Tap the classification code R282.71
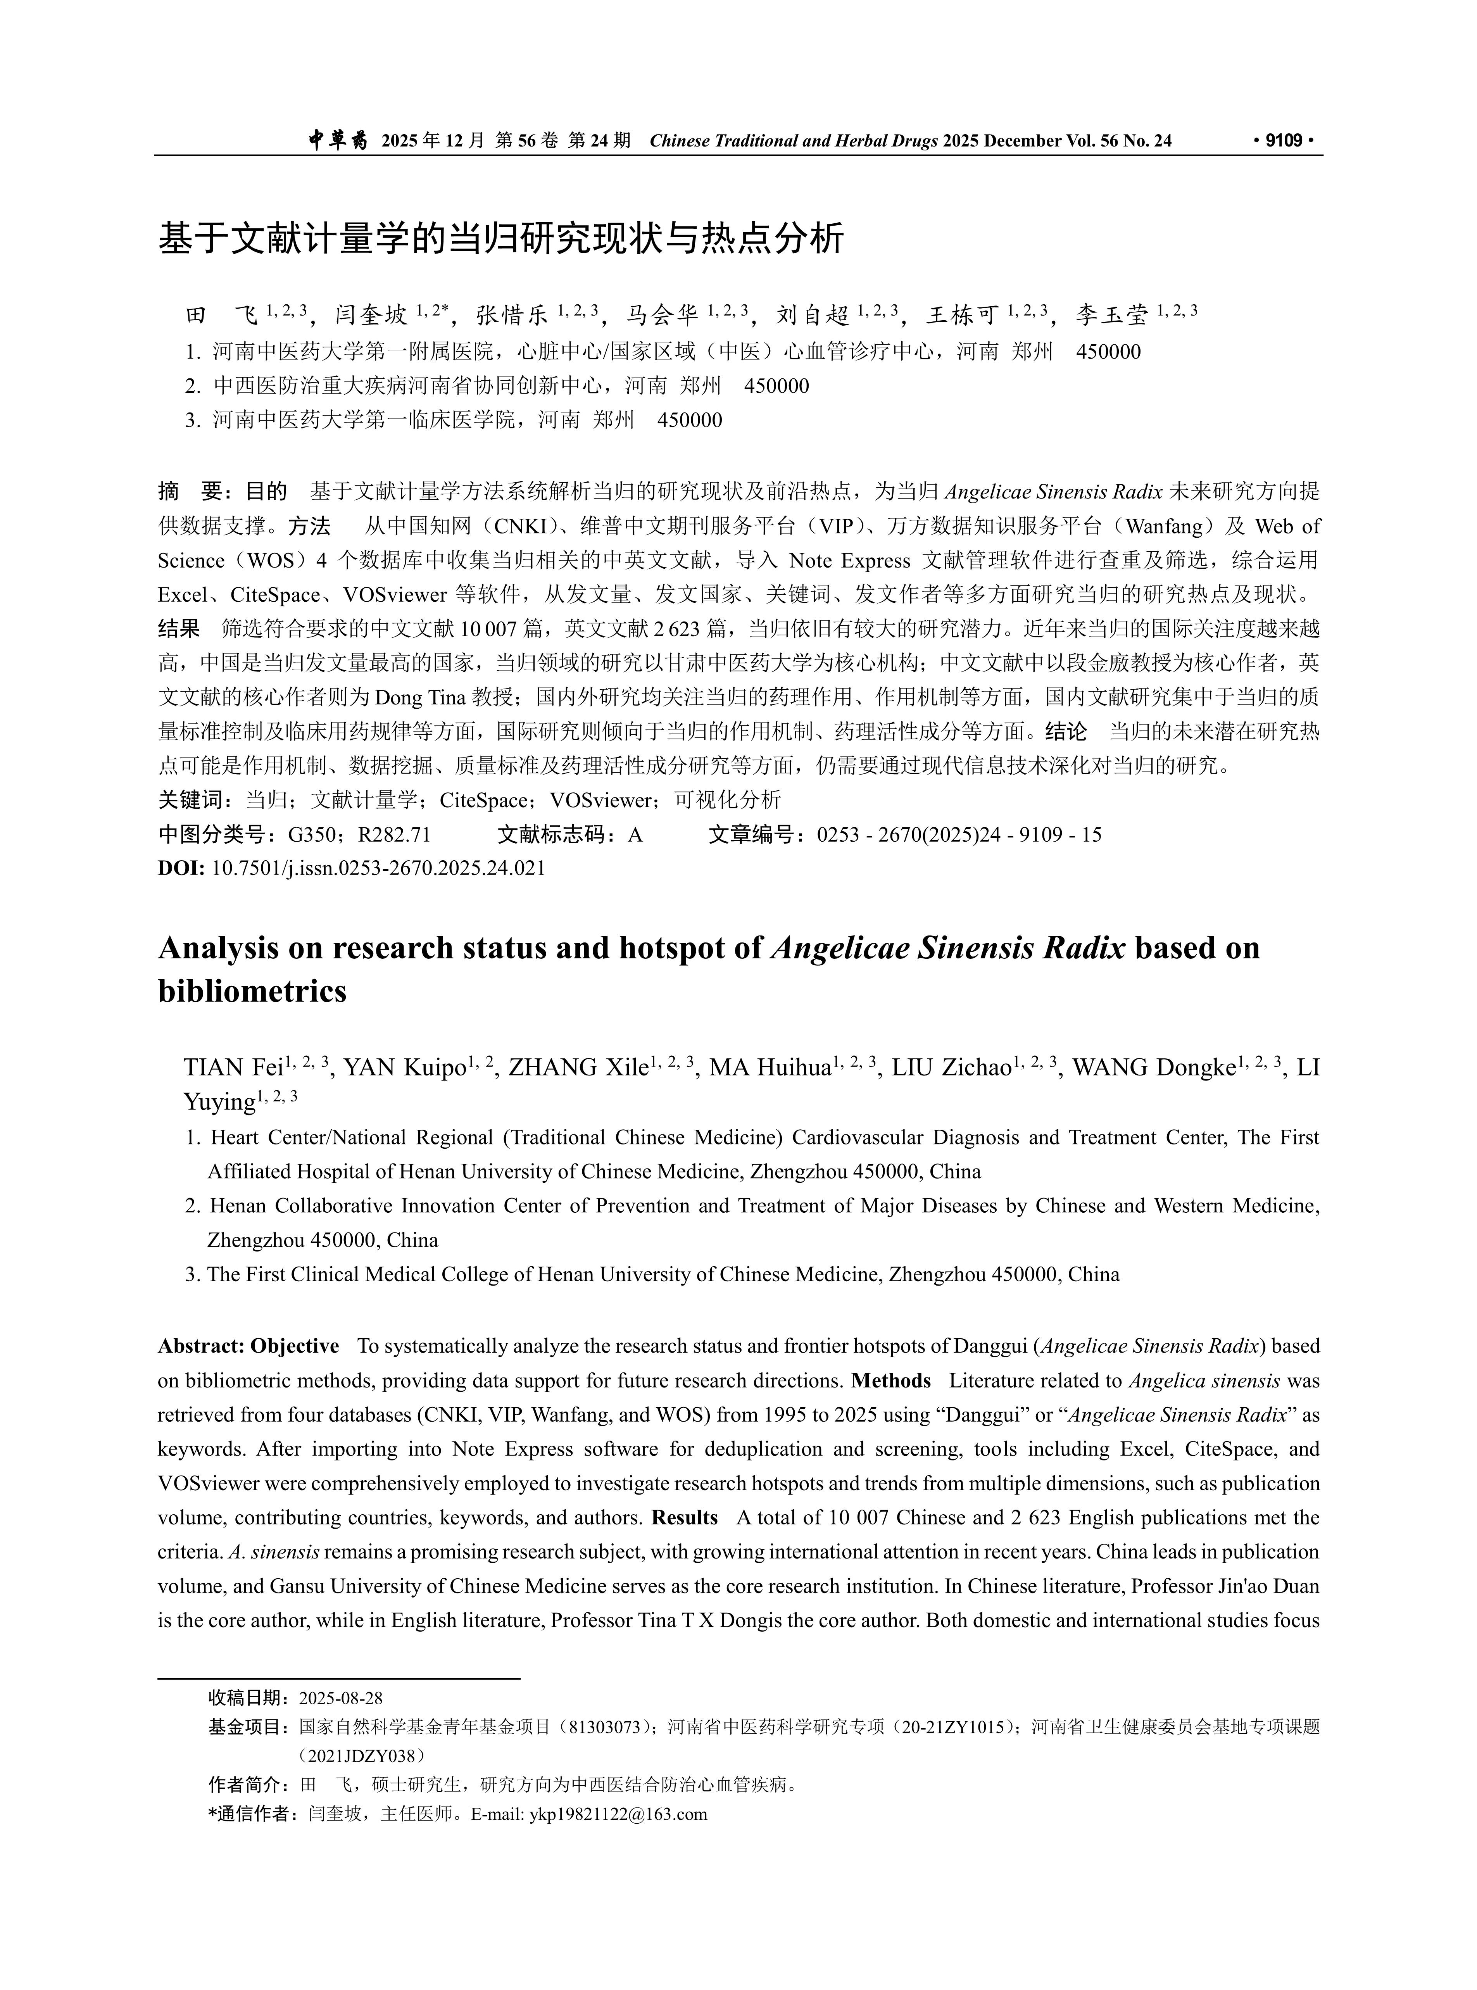394,835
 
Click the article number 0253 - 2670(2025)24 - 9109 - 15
958,835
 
